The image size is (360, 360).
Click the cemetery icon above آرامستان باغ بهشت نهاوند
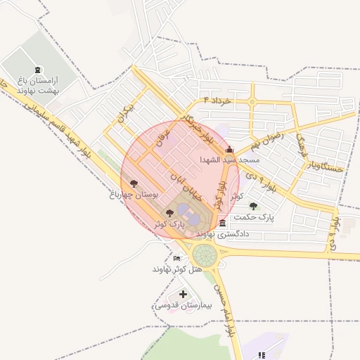click(x=37, y=70)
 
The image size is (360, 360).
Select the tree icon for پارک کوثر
click(x=169, y=213)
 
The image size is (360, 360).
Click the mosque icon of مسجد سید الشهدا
click(x=229, y=149)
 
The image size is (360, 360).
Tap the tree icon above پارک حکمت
click(x=253, y=206)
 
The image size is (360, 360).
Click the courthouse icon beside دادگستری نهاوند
click(x=223, y=224)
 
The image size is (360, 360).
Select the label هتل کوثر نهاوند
click(x=177, y=269)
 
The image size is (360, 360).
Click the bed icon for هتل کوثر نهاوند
click(x=176, y=259)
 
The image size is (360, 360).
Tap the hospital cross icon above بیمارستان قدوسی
click(x=184, y=294)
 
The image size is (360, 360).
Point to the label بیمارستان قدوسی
click(x=176, y=305)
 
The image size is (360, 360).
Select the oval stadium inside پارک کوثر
click(x=186, y=212)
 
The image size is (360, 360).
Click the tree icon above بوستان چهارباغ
click(x=134, y=184)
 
